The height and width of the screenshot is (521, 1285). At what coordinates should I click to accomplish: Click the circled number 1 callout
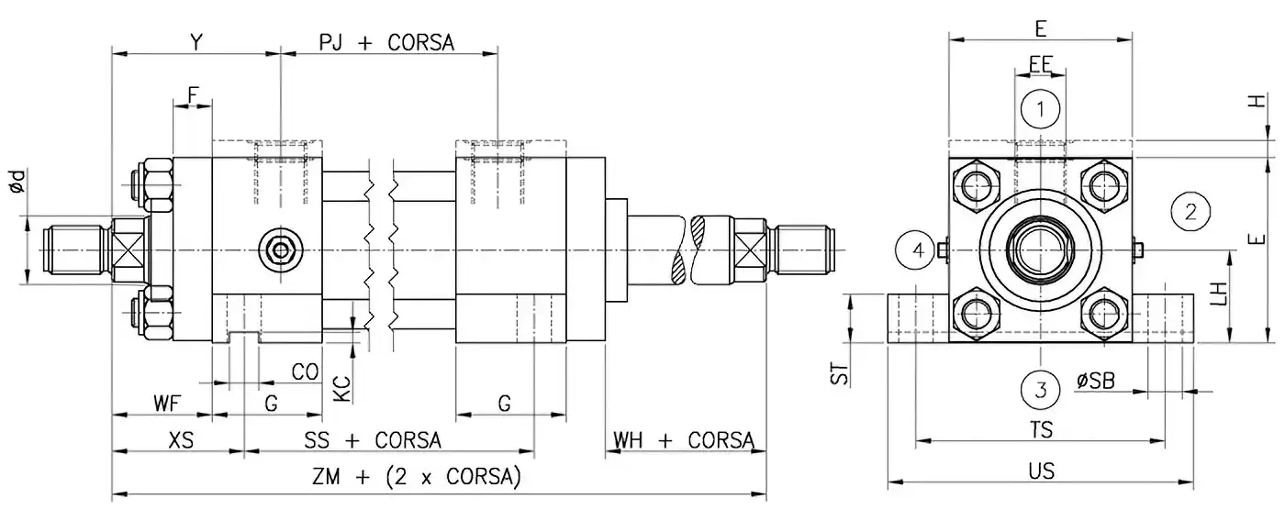tap(1040, 110)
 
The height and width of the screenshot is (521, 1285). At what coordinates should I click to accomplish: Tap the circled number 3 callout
tap(1040, 388)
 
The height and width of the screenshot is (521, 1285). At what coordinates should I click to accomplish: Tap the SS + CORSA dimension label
tap(373, 440)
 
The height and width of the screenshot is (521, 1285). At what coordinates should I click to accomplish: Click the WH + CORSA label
tap(684, 440)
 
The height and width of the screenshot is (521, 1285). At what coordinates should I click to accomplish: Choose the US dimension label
tap(1042, 471)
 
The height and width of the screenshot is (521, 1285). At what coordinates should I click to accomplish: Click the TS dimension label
tap(1041, 429)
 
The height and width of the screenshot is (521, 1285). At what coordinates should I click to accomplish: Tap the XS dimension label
tap(182, 440)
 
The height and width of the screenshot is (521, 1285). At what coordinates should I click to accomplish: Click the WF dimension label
tap(166, 402)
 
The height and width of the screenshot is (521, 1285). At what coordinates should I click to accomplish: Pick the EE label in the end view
tap(1040, 64)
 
